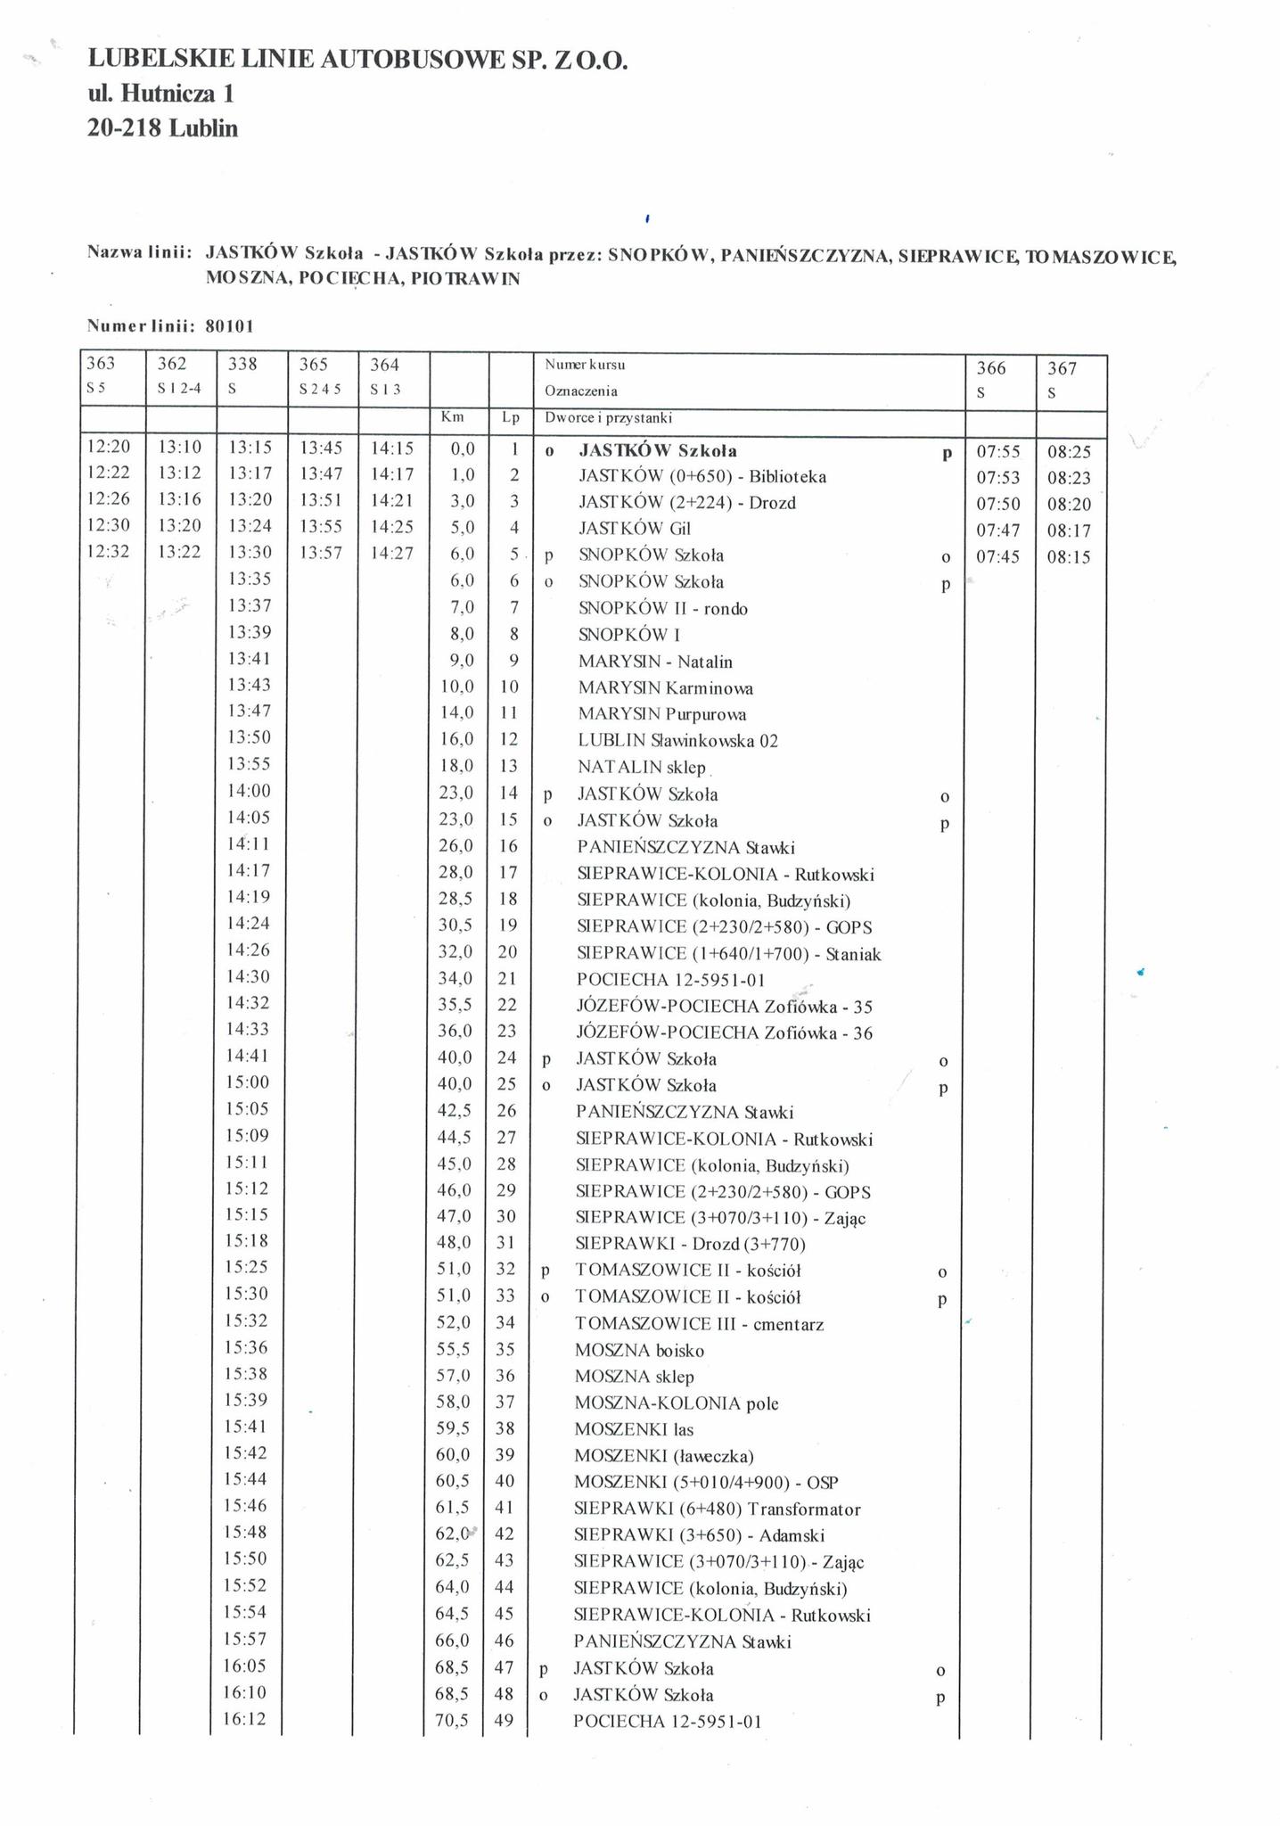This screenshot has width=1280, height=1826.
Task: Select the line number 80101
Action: point(230,325)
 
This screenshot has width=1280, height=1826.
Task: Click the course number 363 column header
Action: point(101,364)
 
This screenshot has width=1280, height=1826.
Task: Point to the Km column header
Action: point(452,417)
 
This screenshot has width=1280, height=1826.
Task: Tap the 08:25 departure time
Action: point(1069,453)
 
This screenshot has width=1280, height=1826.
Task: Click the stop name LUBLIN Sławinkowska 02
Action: point(677,741)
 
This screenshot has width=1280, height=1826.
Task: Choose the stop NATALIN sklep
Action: point(641,767)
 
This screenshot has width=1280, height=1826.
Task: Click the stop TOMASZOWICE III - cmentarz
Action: point(699,1324)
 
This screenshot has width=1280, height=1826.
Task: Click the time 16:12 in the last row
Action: point(247,1719)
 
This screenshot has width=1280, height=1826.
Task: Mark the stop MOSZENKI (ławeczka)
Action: point(664,1457)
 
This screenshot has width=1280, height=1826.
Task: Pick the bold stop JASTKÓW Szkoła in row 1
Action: point(657,451)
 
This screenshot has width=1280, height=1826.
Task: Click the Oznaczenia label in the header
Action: point(580,391)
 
